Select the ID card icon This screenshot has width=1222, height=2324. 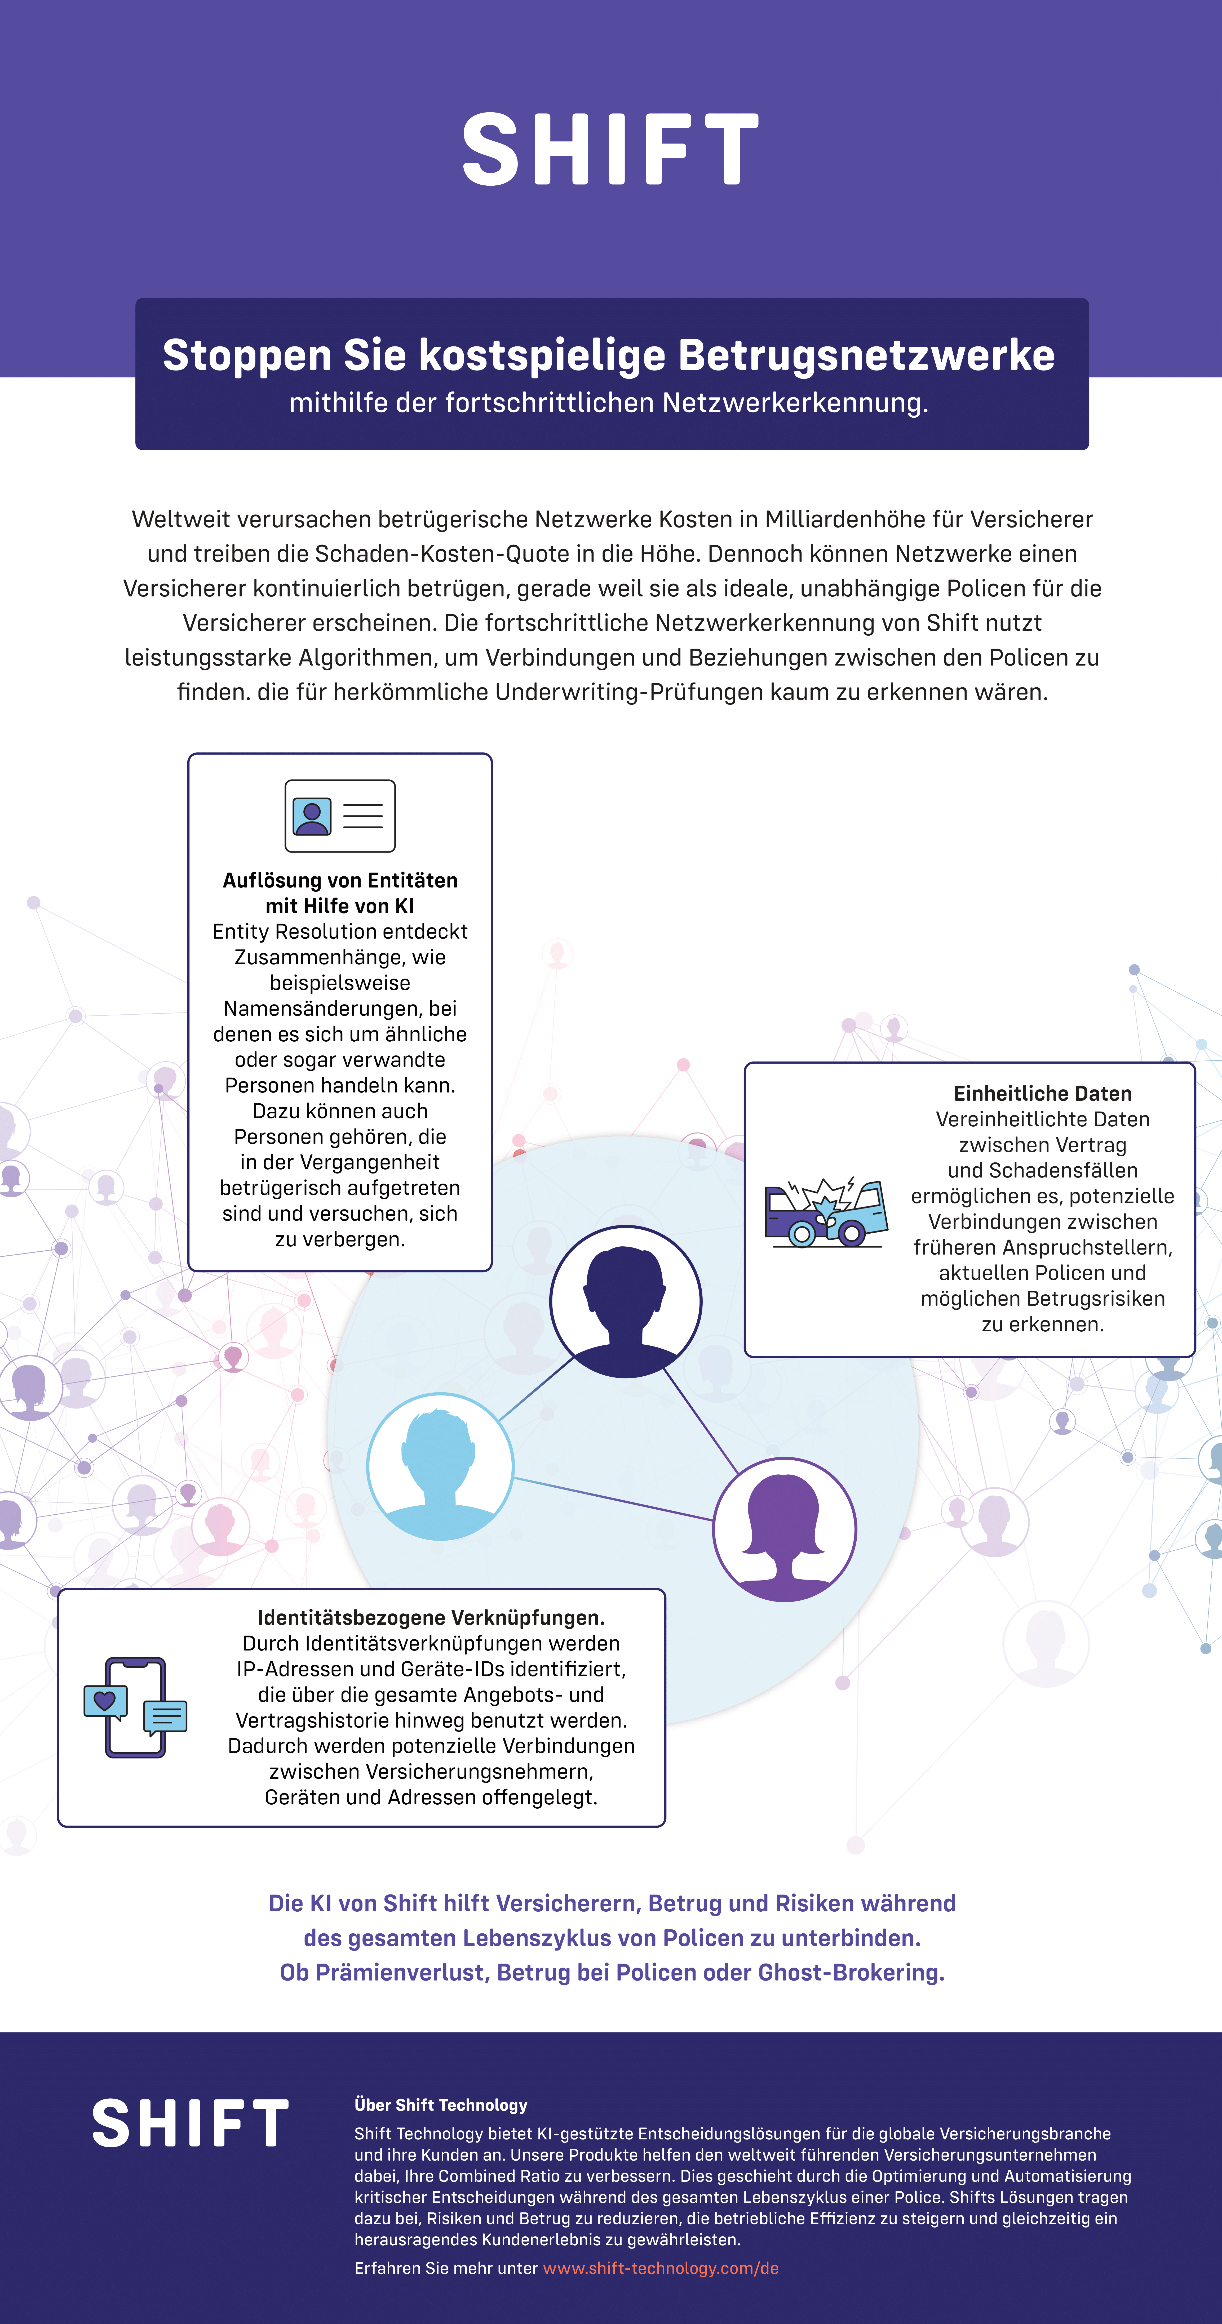point(340,815)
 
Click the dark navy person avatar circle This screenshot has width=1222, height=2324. point(625,1301)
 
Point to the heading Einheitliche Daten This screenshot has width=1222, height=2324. point(1042,1094)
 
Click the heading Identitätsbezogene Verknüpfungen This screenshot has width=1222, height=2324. point(431,1618)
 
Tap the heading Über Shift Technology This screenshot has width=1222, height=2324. point(440,2105)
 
